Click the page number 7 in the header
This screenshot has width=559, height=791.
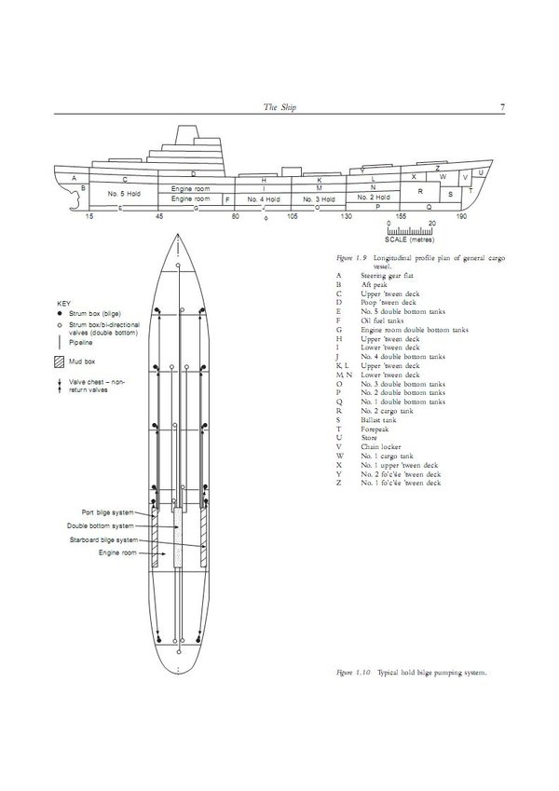(502, 107)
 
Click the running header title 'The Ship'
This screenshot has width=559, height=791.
(279, 107)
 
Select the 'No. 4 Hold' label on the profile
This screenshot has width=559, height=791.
(262, 199)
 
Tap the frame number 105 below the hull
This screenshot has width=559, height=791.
(292, 216)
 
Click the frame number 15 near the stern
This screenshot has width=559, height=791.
(89, 216)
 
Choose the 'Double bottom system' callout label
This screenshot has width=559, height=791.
(109, 525)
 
